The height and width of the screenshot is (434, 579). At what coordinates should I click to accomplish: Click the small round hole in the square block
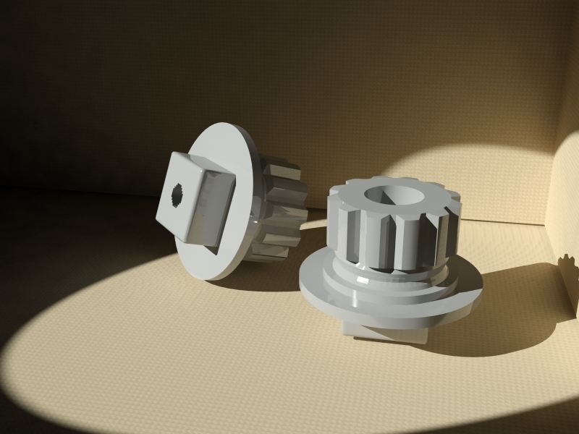177,194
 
